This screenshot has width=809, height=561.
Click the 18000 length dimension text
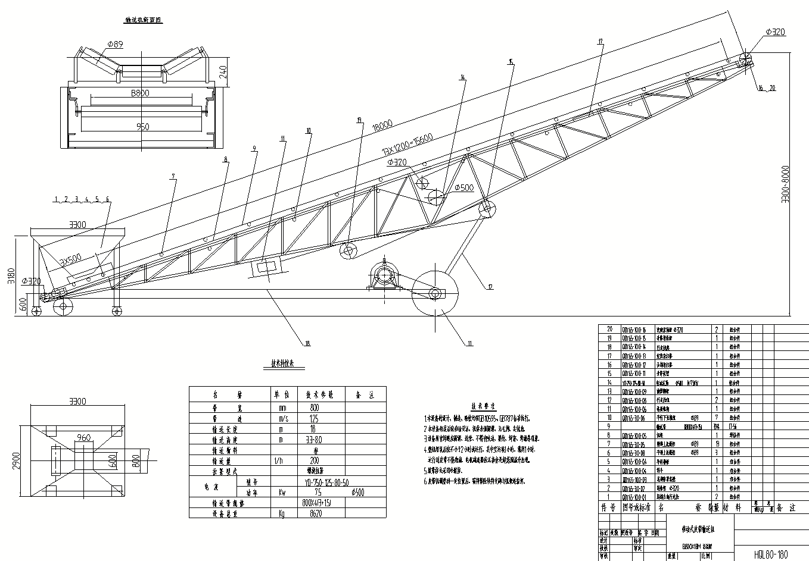click(381, 126)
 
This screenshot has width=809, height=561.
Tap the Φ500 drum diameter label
click(463, 188)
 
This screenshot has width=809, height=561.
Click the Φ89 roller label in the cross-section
click(115, 43)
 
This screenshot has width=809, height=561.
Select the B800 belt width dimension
click(140, 93)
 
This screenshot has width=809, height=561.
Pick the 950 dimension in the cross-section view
click(142, 126)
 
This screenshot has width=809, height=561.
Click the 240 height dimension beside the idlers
click(222, 73)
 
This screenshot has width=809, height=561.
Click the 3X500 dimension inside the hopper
click(70, 260)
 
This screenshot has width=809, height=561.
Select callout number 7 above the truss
click(173, 176)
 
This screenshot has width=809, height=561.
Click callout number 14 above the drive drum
click(462, 77)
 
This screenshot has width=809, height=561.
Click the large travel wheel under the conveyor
click(435, 293)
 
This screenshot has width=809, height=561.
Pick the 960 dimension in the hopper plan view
click(84, 438)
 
